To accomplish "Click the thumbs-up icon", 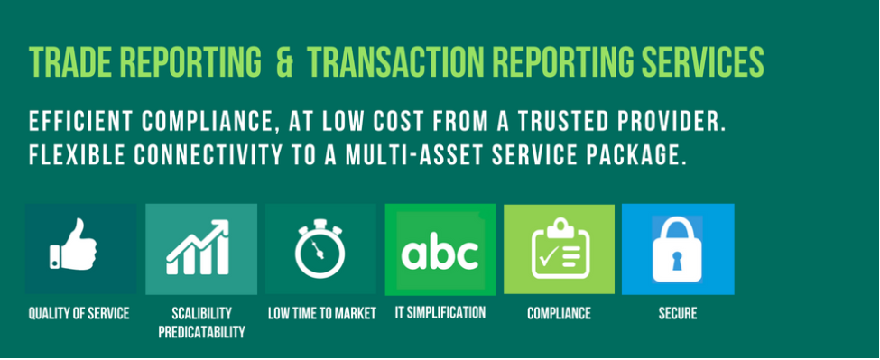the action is click(x=73, y=245).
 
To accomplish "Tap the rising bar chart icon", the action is click(x=198, y=247).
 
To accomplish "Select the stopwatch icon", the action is click(x=320, y=248).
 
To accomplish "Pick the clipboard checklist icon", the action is click(x=560, y=248).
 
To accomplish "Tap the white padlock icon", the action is click(x=677, y=250).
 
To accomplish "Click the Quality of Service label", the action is click(x=79, y=313).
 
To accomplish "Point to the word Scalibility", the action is click(x=201, y=313).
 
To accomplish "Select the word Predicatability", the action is click(x=201, y=331).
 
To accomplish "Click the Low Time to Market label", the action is click(x=321, y=313).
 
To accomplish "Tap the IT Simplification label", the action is click(x=440, y=312).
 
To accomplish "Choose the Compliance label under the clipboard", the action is click(x=559, y=313).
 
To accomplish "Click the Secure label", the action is click(x=678, y=313).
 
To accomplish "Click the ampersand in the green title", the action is click(x=284, y=61).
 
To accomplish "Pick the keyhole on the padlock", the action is click(x=677, y=261).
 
